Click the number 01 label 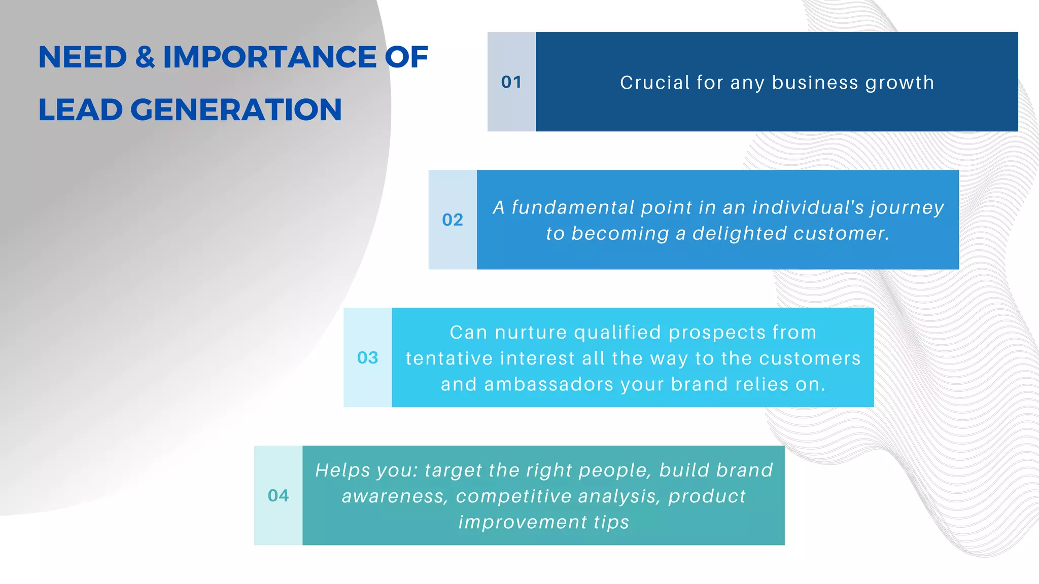511,82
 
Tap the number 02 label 453,220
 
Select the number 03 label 368,358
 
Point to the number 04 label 279,496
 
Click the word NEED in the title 83,57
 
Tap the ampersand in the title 145,57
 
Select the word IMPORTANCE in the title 269,57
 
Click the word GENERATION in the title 236,110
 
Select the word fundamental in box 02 573,207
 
